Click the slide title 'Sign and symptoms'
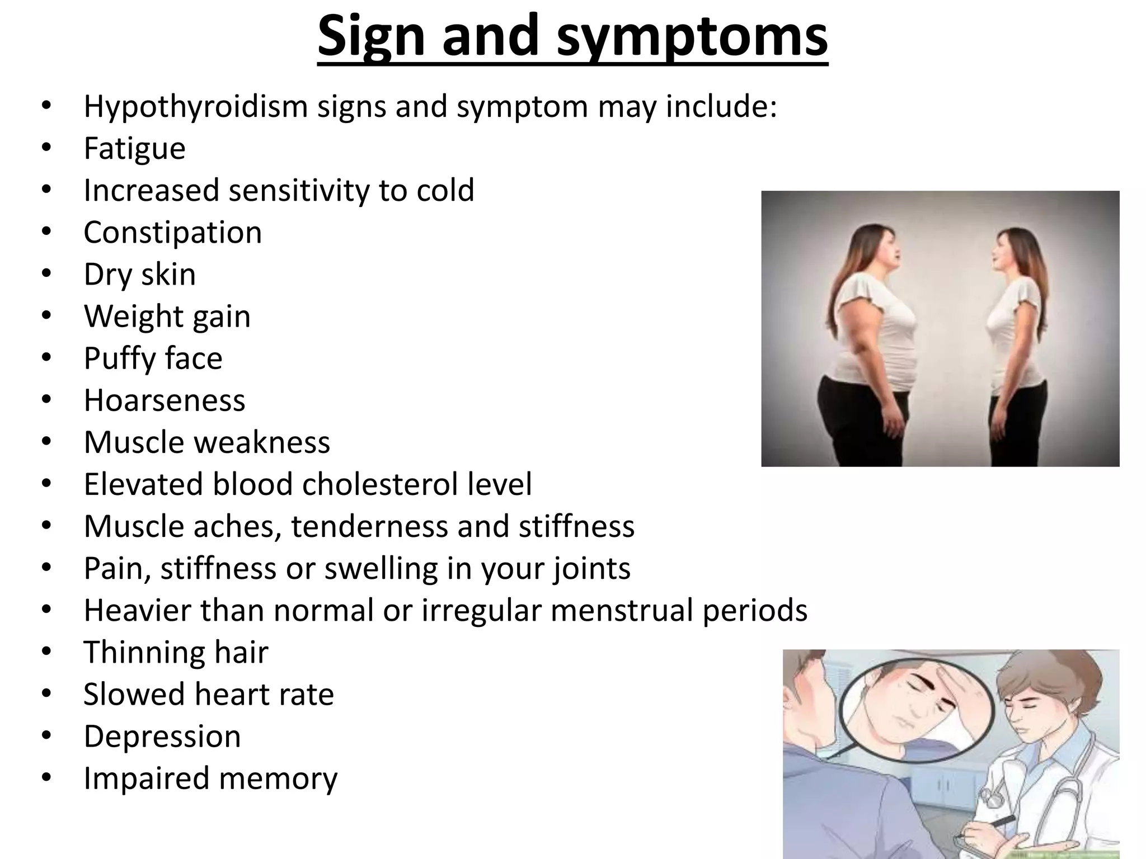click(572, 37)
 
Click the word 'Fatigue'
click(134, 149)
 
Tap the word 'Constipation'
click(172, 233)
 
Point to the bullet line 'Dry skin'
click(139, 275)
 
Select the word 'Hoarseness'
click(164, 400)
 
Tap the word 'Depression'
click(162, 737)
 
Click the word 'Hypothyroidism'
click(195, 107)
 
